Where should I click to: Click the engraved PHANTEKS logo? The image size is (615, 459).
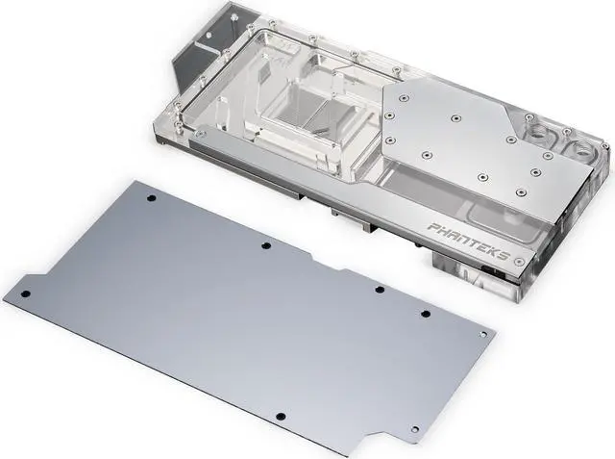click(x=470, y=242)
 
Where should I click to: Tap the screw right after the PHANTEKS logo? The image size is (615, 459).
click(x=521, y=261)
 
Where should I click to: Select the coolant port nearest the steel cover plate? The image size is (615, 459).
click(x=539, y=133)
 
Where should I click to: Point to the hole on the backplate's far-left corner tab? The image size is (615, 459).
click(x=26, y=294)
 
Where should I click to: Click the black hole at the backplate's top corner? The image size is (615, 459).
click(x=152, y=198)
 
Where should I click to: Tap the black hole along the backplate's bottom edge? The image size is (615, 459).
click(x=280, y=417)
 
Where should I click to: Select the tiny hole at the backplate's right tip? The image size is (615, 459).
click(x=483, y=334)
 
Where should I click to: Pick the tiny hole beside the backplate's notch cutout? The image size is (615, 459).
click(x=415, y=429)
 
